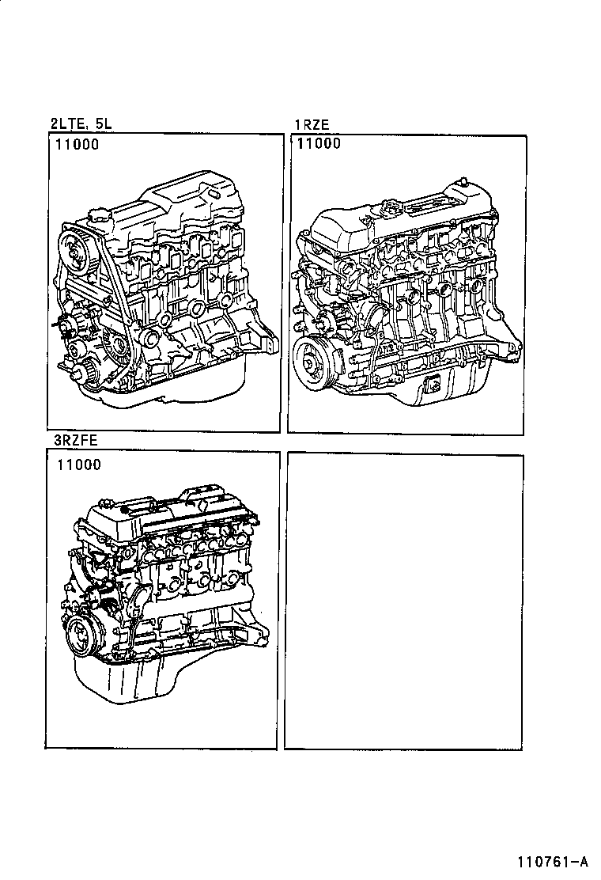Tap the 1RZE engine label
(x=312, y=124)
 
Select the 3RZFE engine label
(x=75, y=440)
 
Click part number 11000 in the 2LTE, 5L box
(x=77, y=144)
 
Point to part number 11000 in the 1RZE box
(x=319, y=143)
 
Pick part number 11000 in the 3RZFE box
(x=78, y=465)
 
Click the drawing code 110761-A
(x=553, y=862)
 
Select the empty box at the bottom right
(x=403, y=601)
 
